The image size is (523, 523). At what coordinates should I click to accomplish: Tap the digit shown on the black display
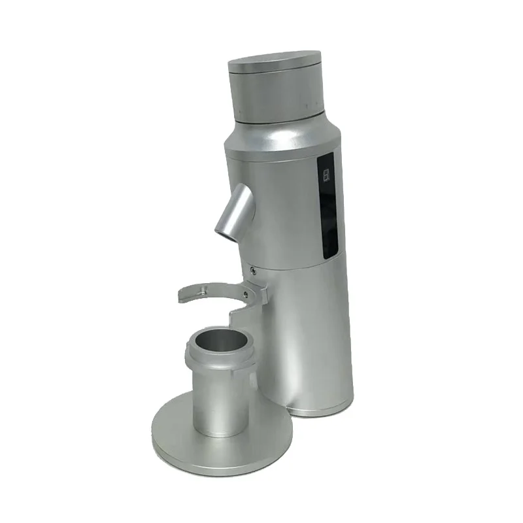click(326, 173)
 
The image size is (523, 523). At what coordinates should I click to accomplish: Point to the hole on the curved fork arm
click(204, 288)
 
